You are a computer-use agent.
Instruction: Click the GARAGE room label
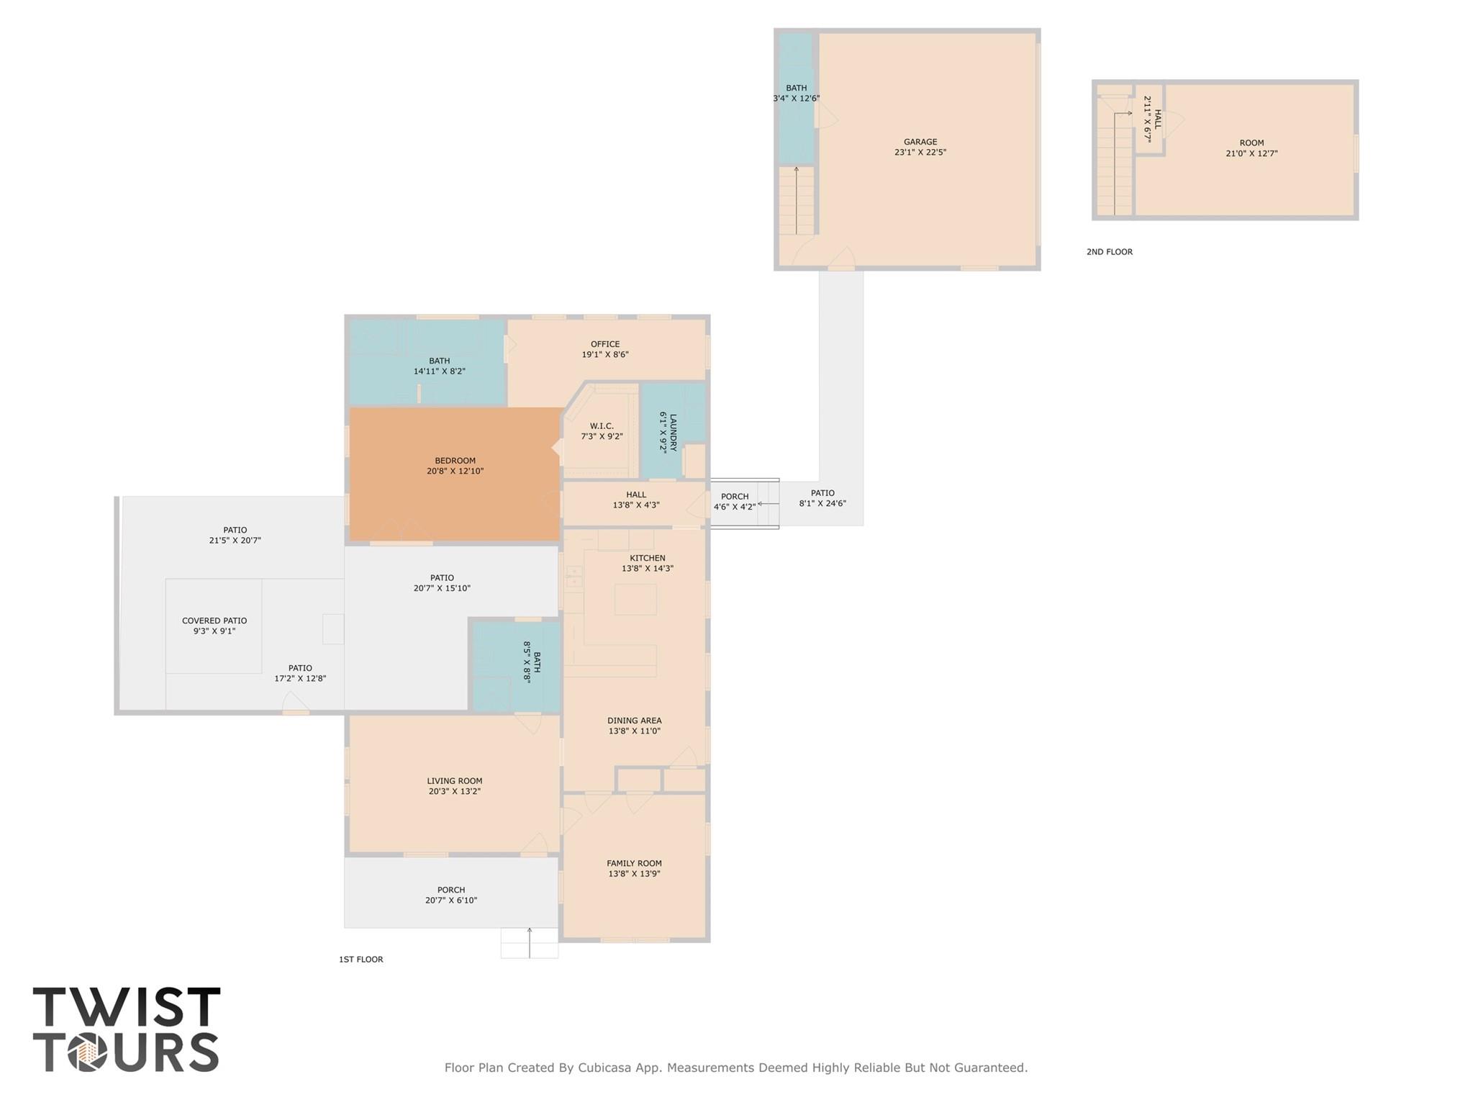pos(920,143)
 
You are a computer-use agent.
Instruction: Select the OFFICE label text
pos(605,344)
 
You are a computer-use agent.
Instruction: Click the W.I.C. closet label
pos(602,426)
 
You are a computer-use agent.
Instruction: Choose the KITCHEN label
pos(648,558)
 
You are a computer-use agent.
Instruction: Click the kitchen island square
pos(635,599)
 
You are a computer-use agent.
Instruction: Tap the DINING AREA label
pos(634,721)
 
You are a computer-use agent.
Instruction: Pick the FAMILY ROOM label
pos(634,863)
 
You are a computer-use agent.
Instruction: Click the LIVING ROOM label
pos(455,781)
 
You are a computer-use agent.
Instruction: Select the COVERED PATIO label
pos(214,621)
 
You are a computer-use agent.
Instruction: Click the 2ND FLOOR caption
pos(1109,252)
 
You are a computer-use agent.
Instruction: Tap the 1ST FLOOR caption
pos(361,960)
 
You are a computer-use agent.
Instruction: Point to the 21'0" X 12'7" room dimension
pos(1251,153)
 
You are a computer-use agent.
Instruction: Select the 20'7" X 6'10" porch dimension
pos(451,901)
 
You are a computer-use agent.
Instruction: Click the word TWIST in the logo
pos(127,1007)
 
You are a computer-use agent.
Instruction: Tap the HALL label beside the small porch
pos(636,495)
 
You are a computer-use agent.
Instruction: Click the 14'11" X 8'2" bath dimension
pos(439,371)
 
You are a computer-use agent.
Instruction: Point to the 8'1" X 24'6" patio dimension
pos(822,503)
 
